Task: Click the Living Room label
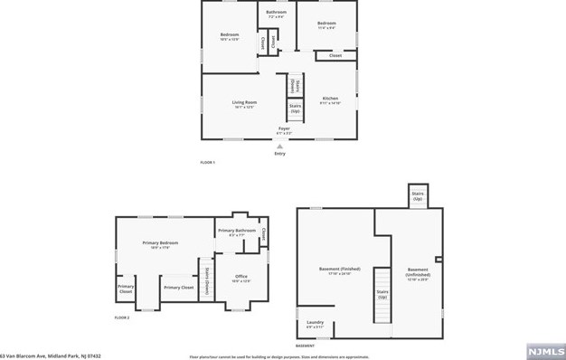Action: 244,104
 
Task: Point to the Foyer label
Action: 284,130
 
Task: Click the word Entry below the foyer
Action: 280,154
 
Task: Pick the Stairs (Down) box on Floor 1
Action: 294,84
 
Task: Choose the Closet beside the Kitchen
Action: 335,56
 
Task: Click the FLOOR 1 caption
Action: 209,161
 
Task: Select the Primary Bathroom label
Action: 238,232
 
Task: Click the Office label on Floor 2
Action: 241,278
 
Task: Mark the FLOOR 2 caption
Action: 122,317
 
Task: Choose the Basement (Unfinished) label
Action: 418,271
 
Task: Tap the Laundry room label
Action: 315,324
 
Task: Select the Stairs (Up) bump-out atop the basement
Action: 418,195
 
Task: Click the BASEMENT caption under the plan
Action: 306,346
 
